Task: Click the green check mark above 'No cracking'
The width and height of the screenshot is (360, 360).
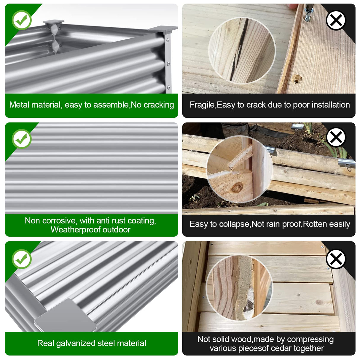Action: (x=22, y=20)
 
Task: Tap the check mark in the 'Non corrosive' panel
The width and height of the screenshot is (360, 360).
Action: (x=22, y=139)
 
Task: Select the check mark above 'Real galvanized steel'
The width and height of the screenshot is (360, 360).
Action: (x=22, y=259)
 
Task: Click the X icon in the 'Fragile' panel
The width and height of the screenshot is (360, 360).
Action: (x=336, y=20)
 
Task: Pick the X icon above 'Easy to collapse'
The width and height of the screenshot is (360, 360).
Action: (x=336, y=138)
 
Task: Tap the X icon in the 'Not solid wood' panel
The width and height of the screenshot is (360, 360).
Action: (x=336, y=259)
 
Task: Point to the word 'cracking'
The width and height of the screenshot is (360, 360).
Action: (x=159, y=105)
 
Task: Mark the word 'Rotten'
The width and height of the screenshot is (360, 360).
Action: (x=314, y=224)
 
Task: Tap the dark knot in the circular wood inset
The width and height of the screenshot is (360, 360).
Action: (x=237, y=188)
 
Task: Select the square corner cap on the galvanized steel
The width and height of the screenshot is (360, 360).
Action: (x=65, y=316)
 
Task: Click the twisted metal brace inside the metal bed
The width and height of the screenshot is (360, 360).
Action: (x=55, y=39)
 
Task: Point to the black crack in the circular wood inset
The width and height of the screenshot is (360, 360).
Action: (x=239, y=50)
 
